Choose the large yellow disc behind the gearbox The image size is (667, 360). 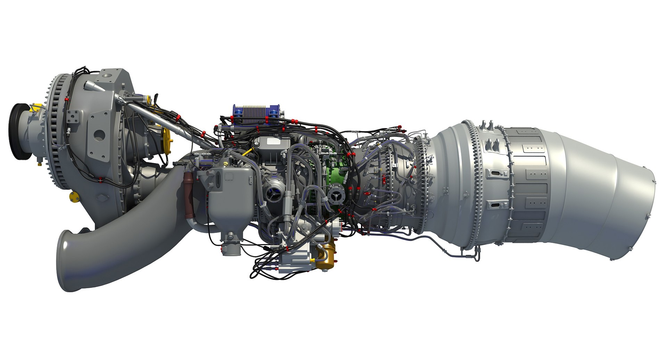click(x=167, y=140)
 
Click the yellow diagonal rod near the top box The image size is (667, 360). click(x=247, y=152)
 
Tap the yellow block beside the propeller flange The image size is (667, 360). click(x=34, y=107)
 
